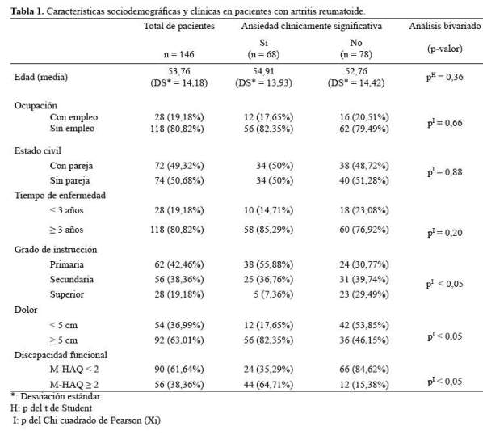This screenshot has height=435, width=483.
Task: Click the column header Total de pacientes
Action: coord(179,26)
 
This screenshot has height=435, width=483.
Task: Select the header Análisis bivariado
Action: coord(445,26)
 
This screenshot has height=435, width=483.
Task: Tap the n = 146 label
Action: coord(179,54)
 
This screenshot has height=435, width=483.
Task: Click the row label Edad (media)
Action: coord(41,77)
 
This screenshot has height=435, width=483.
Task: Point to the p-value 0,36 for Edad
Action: coord(445,77)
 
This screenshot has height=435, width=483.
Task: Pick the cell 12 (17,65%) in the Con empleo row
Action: coord(269,117)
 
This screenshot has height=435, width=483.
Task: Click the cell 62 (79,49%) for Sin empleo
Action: coord(364,129)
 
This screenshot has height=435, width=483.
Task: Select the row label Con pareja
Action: coord(71,166)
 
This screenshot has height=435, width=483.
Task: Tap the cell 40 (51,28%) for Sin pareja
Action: coord(364,180)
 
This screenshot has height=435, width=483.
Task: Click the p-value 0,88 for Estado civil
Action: coord(445,172)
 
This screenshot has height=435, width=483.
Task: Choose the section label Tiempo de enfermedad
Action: coord(60,196)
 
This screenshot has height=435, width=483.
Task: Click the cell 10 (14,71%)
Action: coord(269,210)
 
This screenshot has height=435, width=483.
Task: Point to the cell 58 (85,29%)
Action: coord(269,230)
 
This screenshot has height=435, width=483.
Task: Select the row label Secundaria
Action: coord(72,279)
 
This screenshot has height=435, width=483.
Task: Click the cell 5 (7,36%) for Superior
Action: coord(274,294)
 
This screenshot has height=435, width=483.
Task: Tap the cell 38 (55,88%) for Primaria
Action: coord(269,264)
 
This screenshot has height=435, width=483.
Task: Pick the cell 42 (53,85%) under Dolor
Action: coord(364,325)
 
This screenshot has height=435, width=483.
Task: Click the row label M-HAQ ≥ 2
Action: coord(74,385)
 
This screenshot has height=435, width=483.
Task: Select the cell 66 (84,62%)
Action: coord(364,370)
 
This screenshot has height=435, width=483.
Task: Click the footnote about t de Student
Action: coord(51,408)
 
